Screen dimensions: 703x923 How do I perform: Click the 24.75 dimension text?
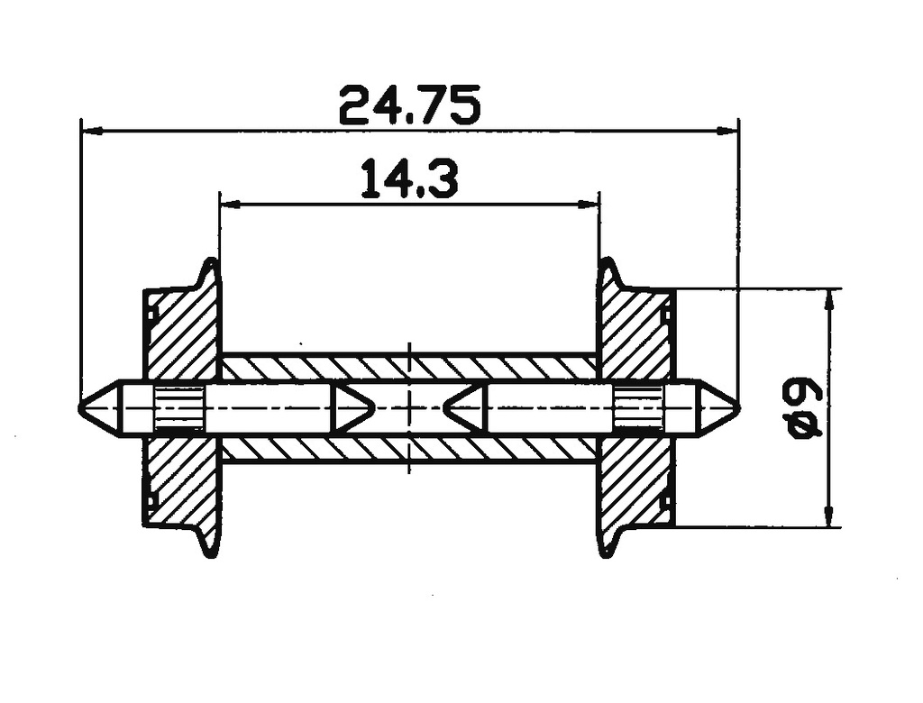coord(409,105)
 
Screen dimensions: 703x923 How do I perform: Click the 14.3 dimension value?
coord(409,178)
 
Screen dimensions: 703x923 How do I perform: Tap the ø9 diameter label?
coord(805,407)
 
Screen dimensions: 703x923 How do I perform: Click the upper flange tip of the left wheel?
coord(210,264)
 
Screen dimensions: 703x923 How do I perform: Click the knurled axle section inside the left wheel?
coord(179,408)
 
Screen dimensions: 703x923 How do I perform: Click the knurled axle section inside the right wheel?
coord(638,408)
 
